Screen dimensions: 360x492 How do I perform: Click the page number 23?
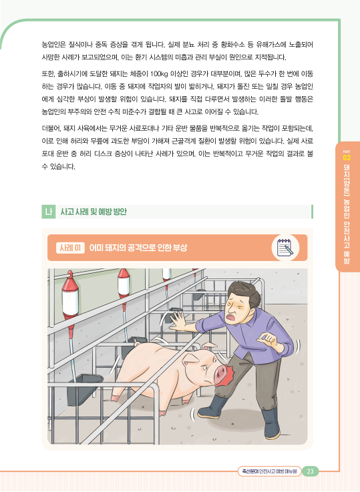tap(310, 471)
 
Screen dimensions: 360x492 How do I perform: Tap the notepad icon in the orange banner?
tap(285, 248)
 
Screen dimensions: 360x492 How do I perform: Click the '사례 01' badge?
tap(70, 248)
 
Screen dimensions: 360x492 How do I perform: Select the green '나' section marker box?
tap(48, 212)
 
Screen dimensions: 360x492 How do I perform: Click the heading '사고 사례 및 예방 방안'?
tap(94, 212)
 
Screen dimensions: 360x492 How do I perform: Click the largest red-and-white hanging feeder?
tap(70, 298)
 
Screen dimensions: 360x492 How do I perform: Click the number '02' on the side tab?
tap(347, 157)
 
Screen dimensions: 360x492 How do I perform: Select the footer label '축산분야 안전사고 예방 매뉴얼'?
tap(269, 471)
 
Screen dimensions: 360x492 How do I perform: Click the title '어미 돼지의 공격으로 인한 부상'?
tap(138, 248)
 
